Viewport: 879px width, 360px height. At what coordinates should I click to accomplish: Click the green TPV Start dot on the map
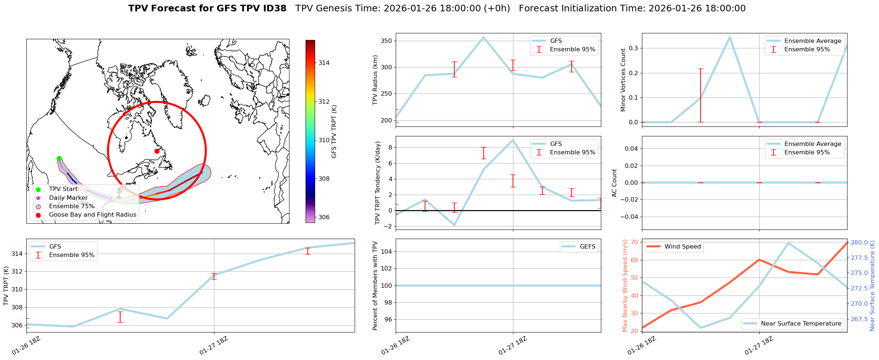tap(59, 158)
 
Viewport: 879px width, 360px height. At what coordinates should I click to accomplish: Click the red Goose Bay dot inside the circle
tap(157, 151)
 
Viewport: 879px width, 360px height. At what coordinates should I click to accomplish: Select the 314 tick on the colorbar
tap(324, 63)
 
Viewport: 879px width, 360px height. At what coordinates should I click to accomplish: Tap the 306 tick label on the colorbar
tap(324, 217)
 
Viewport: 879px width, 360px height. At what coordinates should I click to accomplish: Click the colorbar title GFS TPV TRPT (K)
tap(334, 132)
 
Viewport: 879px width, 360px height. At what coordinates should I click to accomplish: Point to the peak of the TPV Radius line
tap(483, 37)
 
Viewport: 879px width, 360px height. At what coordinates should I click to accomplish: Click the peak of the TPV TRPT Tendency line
tap(513, 140)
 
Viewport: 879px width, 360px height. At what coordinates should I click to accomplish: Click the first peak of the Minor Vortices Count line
tap(730, 37)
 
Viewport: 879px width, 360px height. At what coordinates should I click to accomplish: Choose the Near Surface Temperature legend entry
tap(801, 324)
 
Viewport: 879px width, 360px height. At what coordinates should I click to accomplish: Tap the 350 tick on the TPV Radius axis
tap(388, 41)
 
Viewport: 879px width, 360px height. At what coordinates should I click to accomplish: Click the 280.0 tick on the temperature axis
tap(859, 242)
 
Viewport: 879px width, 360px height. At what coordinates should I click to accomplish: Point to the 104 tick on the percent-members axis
tap(388, 251)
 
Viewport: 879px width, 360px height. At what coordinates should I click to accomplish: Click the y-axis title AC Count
tap(614, 183)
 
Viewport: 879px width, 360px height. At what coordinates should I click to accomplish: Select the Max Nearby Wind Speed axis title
tap(625, 286)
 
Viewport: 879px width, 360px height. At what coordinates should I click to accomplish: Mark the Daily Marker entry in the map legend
tap(68, 198)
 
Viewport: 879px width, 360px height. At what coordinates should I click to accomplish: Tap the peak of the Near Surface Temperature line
tap(788, 243)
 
